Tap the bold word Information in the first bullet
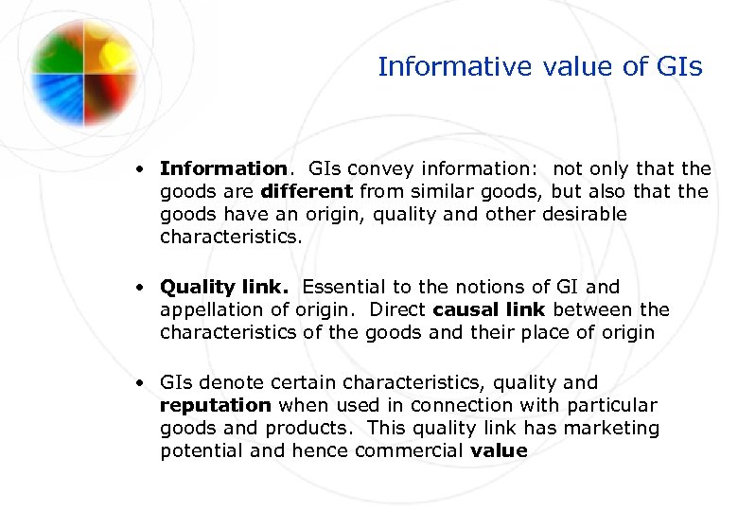pyautogui.click(x=222, y=168)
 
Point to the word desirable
pyautogui.click(x=585, y=214)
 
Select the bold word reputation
pyautogui.click(x=216, y=405)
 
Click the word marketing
pyautogui.click(x=607, y=428)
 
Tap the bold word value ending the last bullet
pyautogui.click(x=499, y=450)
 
